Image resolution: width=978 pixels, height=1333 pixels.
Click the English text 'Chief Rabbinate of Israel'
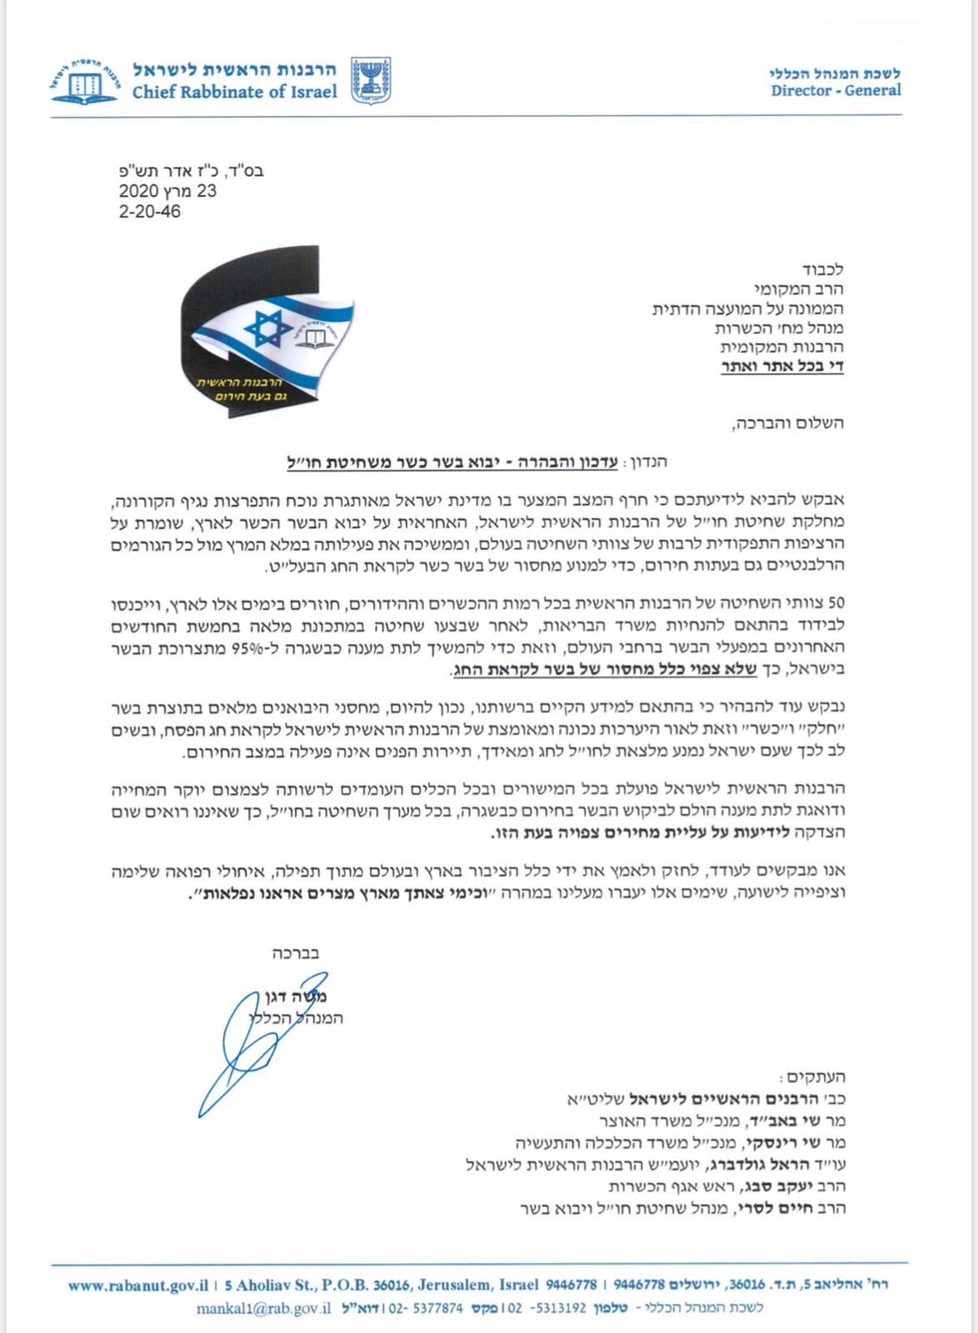(234, 92)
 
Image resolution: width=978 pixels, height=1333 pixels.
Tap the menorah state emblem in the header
(370, 80)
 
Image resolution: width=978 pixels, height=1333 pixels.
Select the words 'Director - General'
(836, 90)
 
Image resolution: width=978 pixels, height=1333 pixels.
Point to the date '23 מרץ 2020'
(167, 191)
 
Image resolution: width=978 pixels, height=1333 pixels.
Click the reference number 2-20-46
(150, 212)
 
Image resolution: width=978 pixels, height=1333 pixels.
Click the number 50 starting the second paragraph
(836, 602)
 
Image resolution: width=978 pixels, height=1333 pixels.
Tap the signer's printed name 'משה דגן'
(296, 997)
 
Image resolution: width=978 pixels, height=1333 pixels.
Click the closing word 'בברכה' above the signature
(296, 953)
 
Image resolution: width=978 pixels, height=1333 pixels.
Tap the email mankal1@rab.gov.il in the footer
(264, 1308)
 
